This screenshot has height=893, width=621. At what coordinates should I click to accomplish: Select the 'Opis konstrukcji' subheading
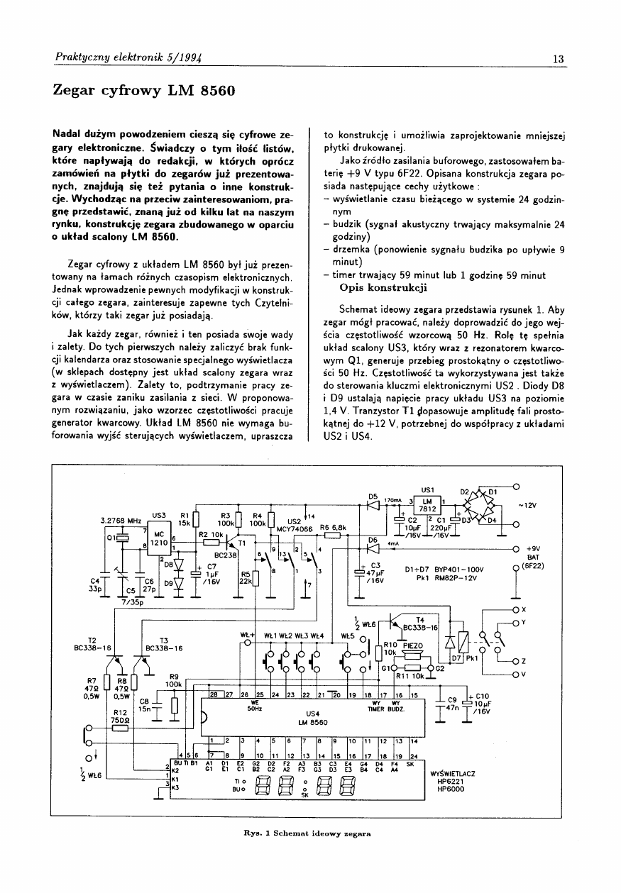383,288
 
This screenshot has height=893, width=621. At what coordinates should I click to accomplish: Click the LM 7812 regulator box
427,504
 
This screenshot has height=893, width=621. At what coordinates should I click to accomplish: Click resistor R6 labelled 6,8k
333,536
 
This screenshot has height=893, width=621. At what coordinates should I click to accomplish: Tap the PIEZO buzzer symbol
412,655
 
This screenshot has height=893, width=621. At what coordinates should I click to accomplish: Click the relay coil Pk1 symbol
462,643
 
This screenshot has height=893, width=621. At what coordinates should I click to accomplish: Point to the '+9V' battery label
533,548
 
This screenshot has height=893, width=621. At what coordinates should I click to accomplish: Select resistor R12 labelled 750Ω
120,728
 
